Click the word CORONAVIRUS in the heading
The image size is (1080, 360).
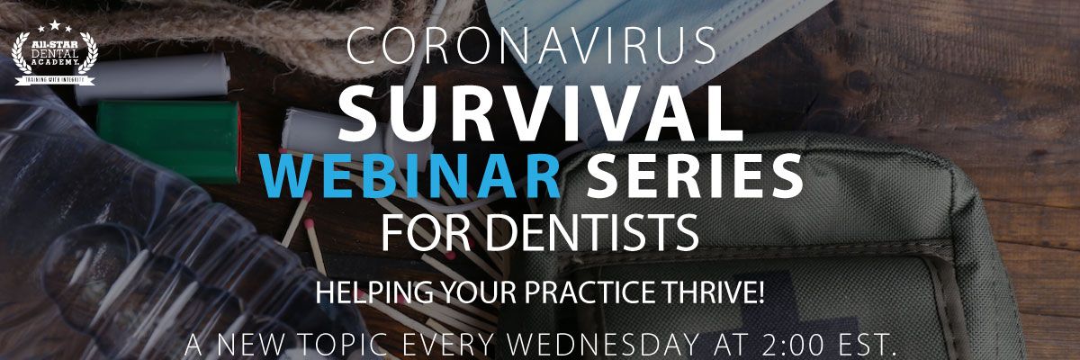tap(531, 46)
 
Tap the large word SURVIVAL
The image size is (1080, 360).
tap(540, 113)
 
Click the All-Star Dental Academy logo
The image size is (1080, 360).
tap(55, 53)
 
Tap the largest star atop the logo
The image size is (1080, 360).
tap(55, 25)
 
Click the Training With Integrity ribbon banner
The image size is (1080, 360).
tap(55, 80)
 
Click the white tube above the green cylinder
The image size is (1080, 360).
tap(152, 78)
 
